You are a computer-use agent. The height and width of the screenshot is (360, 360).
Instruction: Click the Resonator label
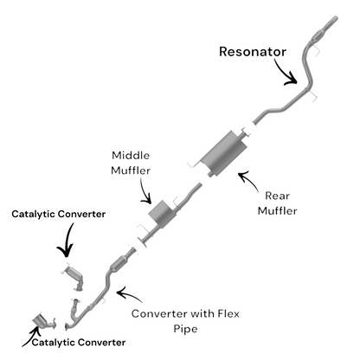point(253,52)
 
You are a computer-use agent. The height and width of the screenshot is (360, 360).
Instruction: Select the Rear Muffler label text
point(277,203)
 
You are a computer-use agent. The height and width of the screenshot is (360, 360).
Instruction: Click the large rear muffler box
point(224,152)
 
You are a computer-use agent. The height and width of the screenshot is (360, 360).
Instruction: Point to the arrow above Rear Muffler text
point(249,179)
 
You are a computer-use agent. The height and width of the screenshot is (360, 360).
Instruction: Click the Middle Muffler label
point(131,163)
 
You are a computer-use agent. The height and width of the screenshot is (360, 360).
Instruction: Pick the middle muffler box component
point(162,214)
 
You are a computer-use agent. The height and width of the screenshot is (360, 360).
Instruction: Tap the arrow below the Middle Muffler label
point(145,191)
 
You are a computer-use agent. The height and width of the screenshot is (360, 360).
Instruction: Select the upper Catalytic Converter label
point(59,215)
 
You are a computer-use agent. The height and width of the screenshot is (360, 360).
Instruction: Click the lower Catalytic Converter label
point(79,343)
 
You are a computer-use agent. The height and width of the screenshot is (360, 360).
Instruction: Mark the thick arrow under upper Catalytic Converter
point(67,241)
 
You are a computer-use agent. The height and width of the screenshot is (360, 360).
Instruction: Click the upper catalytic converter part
point(74,277)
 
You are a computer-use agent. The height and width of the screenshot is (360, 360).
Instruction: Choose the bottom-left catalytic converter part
point(44,321)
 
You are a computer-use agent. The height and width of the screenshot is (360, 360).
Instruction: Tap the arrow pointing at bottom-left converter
point(30,337)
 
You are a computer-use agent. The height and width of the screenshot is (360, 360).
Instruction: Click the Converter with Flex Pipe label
point(185,321)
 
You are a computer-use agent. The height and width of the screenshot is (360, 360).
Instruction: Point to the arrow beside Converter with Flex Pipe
point(129,294)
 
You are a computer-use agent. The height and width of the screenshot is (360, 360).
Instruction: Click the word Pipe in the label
point(185,329)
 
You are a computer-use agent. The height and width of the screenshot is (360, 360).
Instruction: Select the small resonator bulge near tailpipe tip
point(318,36)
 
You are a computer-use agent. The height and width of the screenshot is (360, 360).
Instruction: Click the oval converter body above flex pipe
point(119,263)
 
